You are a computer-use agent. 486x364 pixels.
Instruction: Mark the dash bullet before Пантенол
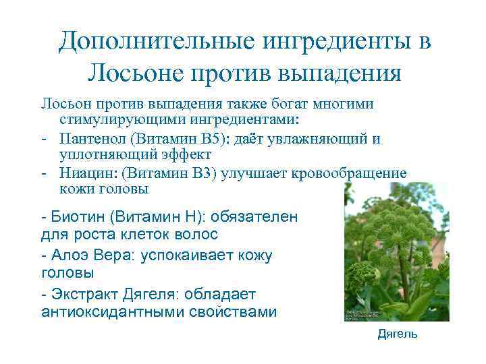coord(43,140)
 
